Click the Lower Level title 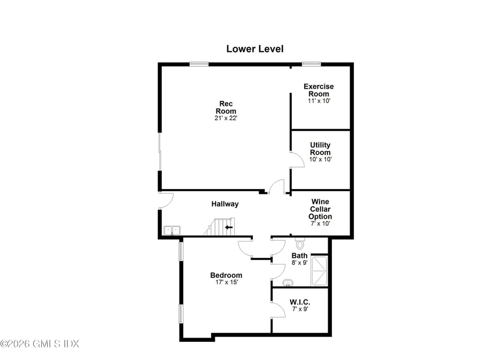(x=254, y=49)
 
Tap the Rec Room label (x=226, y=107)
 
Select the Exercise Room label (x=319, y=90)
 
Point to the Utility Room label (x=320, y=148)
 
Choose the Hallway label (x=224, y=204)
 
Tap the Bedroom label (x=226, y=275)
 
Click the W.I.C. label (x=300, y=302)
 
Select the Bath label (x=299, y=255)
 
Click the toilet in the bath (x=299, y=244)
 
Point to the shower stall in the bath (x=320, y=271)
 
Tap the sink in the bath (x=289, y=283)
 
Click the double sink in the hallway (x=172, y=230)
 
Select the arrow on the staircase (x=229, y=227)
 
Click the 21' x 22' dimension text (x=226, y=118)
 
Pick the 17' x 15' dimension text (x=226, y=283)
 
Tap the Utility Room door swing (x=297, y=160)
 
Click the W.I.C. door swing (x=278, y=310)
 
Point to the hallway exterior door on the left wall (x=166, y=200)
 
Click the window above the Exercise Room (x=311, y=64)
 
